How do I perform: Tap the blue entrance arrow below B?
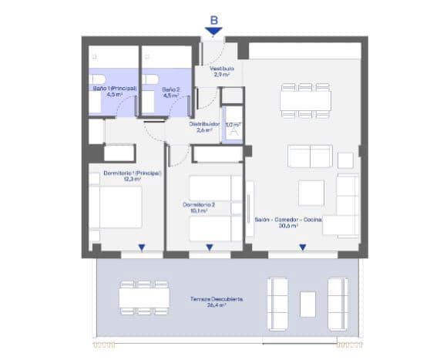213,31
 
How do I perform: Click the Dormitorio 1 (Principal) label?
131,173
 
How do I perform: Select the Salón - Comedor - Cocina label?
288,219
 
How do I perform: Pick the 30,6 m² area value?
288,226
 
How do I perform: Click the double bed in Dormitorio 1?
116,208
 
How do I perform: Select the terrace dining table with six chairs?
144,298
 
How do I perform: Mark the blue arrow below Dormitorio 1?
142,247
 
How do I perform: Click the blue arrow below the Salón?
303,247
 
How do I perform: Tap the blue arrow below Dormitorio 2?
210,247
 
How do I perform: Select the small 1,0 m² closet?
232,128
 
